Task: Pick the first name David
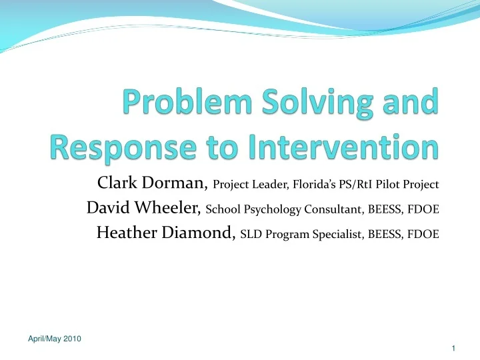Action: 107,209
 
